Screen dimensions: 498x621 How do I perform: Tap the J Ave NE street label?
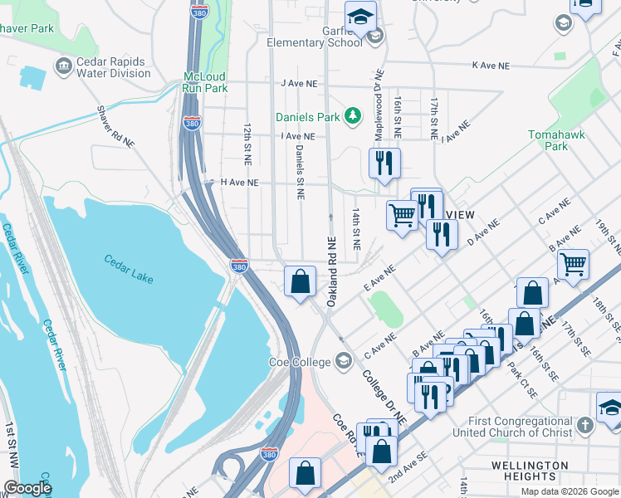coord(299,83)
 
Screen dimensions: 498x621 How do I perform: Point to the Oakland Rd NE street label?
coord(331,270)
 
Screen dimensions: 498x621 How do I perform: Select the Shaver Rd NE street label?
coord(115,126)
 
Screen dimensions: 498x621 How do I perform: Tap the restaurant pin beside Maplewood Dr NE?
coord(384,163)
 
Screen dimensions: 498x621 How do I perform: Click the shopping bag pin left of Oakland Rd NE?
coord(300,281)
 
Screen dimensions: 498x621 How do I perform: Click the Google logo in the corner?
coord(27,488)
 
